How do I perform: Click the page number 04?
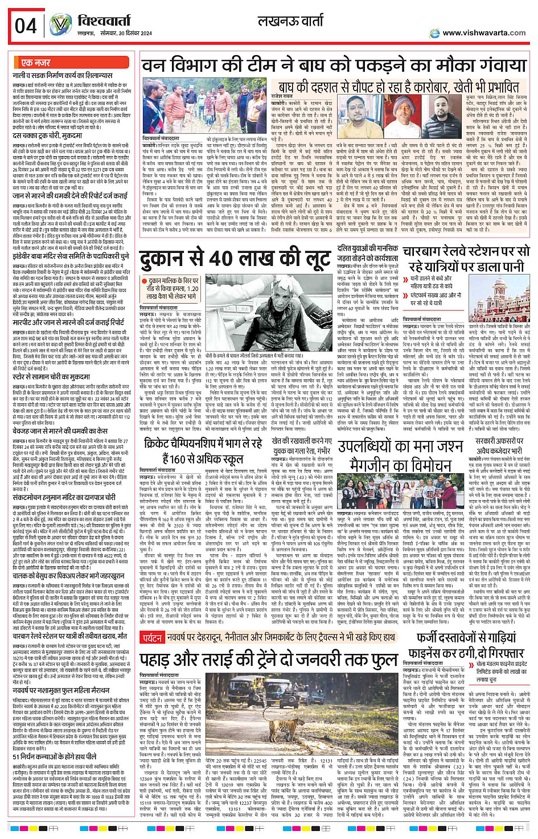(x=26, y=26)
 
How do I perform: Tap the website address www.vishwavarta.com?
(x=483, y=33)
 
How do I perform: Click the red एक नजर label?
(x=35, y=63)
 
